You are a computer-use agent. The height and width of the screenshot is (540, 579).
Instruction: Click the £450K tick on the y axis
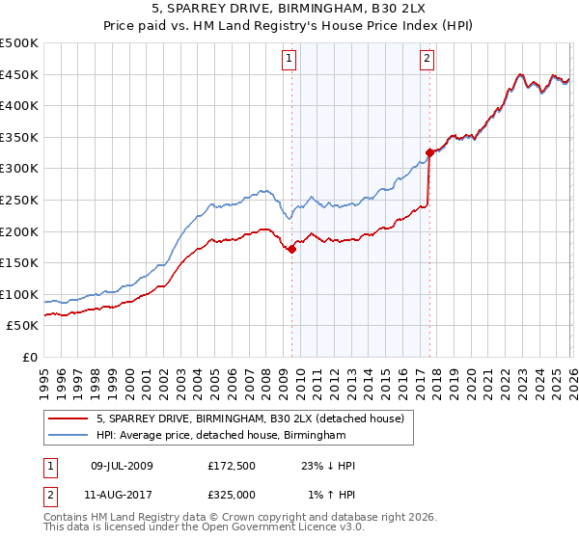click(19, 74)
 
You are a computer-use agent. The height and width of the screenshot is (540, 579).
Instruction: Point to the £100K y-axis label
click(19, 294)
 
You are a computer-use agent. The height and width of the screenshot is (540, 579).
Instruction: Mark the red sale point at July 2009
click(291, 249)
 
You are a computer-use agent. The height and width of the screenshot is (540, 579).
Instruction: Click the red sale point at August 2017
click(429, 152)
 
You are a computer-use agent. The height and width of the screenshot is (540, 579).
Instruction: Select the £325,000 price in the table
click(231, 494)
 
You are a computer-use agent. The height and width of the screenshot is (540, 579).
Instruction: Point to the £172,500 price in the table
click(231, 466)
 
